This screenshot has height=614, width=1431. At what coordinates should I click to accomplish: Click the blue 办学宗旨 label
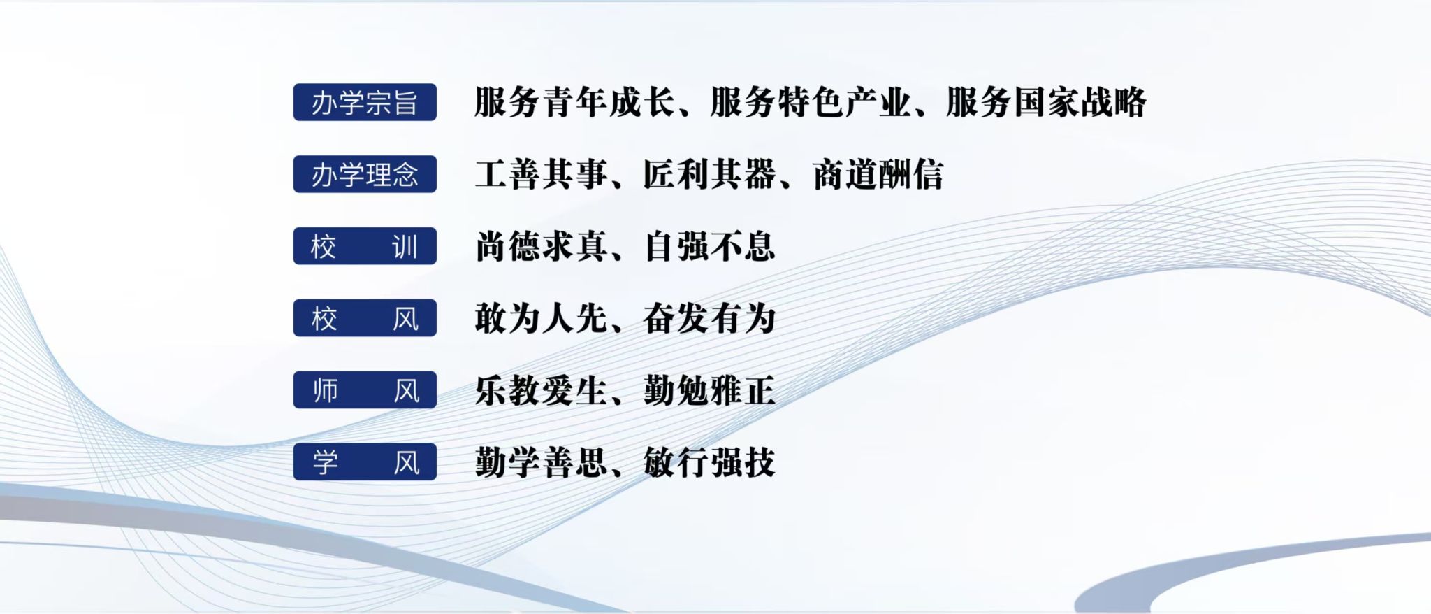pos(365,102)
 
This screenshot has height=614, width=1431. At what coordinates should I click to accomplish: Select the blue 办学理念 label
pos(365,174)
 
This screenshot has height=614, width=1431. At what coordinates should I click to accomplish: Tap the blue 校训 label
pos(365,246)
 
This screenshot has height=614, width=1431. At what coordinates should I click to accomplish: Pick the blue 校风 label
pos(365,318)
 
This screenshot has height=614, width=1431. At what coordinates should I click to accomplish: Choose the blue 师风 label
pos(365,390)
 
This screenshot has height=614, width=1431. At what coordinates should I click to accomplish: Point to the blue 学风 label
pos(365,462)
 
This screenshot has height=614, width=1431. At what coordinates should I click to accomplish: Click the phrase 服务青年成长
pos(575,102)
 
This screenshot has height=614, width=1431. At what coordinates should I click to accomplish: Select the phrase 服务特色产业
pos(811,102)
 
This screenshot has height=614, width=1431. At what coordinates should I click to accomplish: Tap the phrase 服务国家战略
pos(1046,102)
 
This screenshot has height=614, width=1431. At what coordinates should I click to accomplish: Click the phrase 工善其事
pos(542,174)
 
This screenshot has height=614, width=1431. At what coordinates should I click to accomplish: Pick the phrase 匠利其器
pos(710,174)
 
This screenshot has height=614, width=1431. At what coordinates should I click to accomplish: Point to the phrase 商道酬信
pos(878,174)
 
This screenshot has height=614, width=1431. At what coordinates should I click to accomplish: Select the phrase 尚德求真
pos(542,246)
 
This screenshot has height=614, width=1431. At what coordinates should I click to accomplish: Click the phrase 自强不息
pos(710,246)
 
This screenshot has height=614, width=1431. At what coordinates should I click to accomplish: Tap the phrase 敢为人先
pos(542,318)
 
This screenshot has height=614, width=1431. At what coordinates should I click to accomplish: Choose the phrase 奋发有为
pos(710,318)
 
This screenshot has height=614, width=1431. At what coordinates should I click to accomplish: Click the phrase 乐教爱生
pos(542,390)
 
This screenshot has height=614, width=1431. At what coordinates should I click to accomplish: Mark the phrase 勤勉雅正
pos(710,390)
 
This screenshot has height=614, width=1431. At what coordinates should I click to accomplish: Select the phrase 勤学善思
pos(542,462)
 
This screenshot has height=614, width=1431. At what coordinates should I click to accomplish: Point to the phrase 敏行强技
pos(710,462)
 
